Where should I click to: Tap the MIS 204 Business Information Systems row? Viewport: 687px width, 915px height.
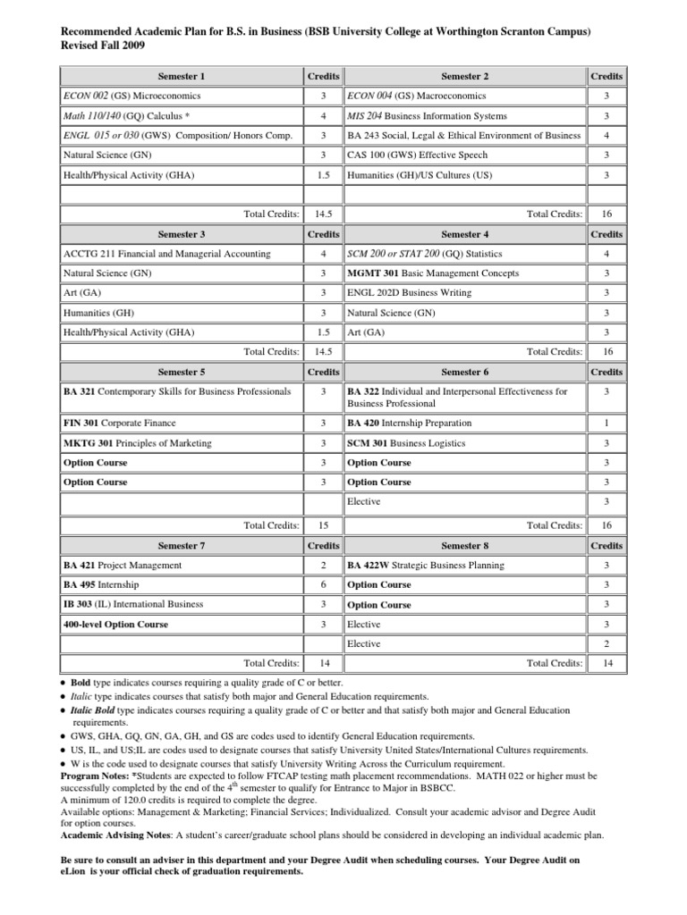click(427, 116)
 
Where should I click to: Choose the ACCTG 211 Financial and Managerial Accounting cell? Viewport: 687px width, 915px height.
click(153, 253)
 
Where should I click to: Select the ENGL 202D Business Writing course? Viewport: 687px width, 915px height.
click(409, 292)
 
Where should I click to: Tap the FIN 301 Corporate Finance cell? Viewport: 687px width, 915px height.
click(120, 423)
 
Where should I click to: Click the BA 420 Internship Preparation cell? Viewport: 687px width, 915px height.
click(409, 423)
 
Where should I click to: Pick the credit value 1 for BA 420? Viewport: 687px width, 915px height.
click(606, 423)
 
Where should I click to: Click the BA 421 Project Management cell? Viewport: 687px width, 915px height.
click(123, 566)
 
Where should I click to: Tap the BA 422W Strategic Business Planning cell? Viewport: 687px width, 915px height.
click(425, 566)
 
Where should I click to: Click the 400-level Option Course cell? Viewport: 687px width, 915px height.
click(115, 624)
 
